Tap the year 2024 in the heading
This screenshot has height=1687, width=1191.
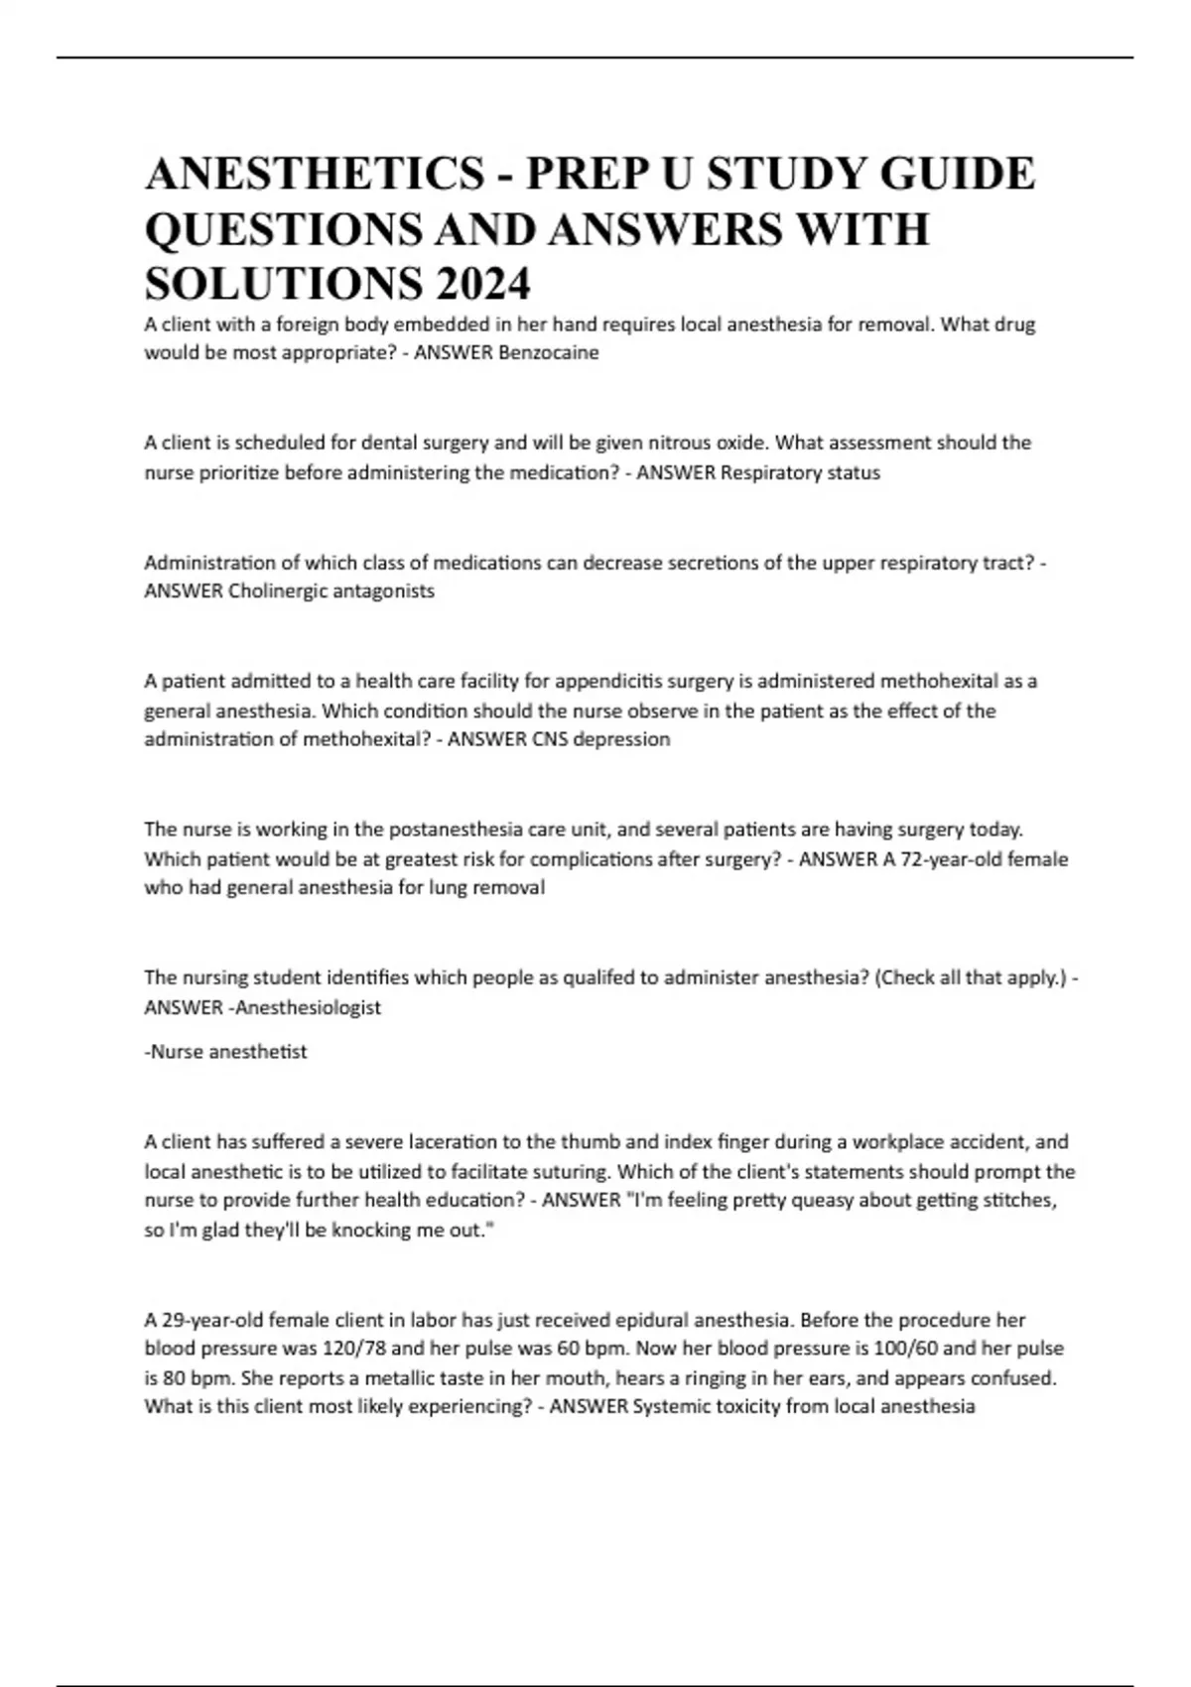480,286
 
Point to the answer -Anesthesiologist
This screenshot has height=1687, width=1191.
304,1007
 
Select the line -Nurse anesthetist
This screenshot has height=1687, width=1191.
226,1052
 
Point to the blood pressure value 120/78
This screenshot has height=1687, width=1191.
357,1350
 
